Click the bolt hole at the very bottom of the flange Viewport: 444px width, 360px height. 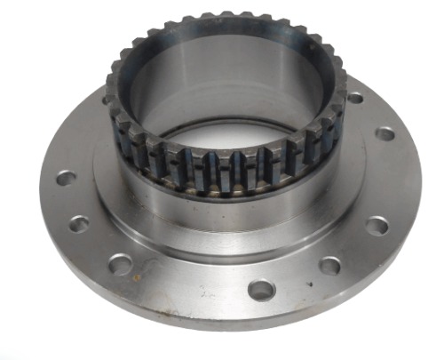[x=260, y=289]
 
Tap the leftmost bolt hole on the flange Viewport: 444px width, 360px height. [x=66, y=178]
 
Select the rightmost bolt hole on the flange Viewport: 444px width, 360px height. [x=385, y=133]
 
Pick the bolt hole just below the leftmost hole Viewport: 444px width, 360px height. [x=78, y=223]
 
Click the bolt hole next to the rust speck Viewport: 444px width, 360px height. [x=120, y=263]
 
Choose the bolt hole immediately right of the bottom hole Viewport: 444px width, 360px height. [x=329, y=265]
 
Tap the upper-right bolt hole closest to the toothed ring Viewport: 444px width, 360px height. [x=354, y=98]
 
